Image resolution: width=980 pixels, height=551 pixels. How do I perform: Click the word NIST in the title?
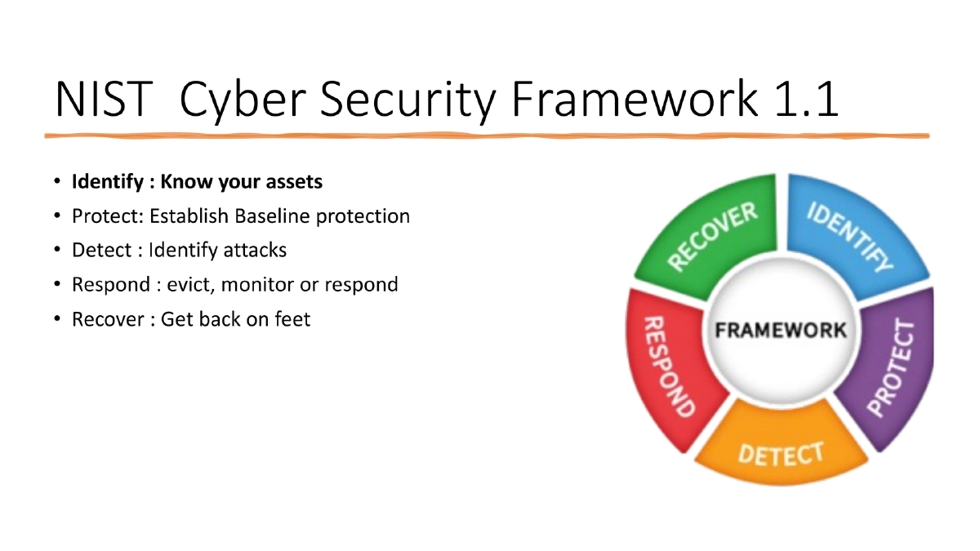click(103, 100)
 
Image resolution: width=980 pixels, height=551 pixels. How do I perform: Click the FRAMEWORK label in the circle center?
click(781, 331)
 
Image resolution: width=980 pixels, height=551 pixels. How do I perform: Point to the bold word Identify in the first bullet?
click(101, 181)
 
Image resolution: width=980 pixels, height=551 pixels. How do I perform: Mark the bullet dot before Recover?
click(57, 319)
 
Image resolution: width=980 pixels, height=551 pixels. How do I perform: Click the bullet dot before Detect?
click(57, 250)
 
